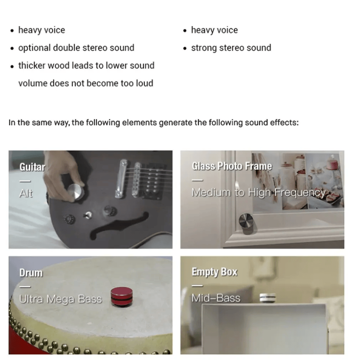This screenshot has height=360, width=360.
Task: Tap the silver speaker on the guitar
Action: click(76, 192)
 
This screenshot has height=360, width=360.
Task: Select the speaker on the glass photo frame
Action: click(246, 223)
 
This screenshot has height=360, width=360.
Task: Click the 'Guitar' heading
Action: click(32, 167)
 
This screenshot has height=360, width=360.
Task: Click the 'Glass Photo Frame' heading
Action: click(232, 166)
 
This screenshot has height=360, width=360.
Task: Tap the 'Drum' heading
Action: click(31, 273)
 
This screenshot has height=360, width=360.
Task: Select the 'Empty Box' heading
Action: click(214, 272)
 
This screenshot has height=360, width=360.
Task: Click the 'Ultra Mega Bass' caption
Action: click(60, 299)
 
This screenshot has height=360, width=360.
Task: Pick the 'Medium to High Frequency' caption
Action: click(258, 192)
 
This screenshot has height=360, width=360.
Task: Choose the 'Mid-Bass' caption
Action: click(216, 298)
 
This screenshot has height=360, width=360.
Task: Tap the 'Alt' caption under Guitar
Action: click(26, 193)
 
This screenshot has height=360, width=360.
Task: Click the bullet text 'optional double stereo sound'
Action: click(76, 48)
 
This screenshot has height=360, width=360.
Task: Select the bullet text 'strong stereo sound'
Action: click(231, 48)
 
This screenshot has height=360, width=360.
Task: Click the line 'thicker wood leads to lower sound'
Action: click(86, 66)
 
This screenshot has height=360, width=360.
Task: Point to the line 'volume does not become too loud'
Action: click(86, 83)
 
